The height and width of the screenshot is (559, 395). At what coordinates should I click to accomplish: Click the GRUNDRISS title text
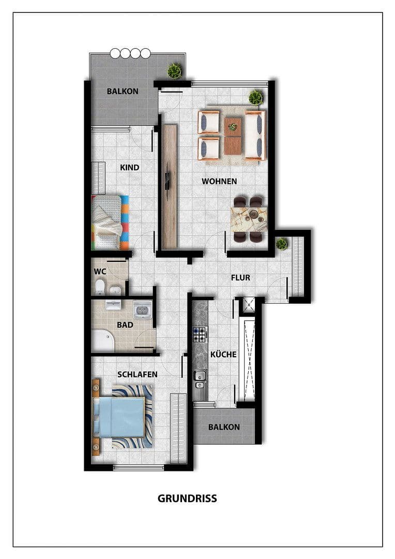187,499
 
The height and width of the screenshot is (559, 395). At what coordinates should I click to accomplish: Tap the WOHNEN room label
219,181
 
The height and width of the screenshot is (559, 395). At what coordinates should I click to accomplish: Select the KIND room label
129,168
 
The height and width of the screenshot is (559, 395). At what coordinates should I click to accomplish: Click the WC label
100,271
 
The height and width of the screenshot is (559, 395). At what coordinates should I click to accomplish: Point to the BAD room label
125,325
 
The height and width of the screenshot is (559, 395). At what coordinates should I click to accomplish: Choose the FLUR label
240,278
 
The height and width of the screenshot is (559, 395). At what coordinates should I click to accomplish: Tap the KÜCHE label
223,355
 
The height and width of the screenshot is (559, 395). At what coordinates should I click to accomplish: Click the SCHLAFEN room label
138,374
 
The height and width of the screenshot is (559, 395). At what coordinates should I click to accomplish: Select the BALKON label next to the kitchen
224,427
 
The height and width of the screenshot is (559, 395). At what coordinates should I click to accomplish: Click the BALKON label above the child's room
123,91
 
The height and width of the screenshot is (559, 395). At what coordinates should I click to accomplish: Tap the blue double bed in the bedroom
118,417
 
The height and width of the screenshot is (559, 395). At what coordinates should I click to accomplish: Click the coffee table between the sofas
233,136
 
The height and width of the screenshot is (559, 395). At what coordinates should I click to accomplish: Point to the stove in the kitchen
199,335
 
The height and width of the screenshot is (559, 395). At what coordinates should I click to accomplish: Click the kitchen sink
199,379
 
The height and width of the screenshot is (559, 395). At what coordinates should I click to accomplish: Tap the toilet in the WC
100,287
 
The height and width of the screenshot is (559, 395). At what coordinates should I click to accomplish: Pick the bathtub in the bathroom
102,341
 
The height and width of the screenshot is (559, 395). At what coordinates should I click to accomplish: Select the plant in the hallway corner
282,243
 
